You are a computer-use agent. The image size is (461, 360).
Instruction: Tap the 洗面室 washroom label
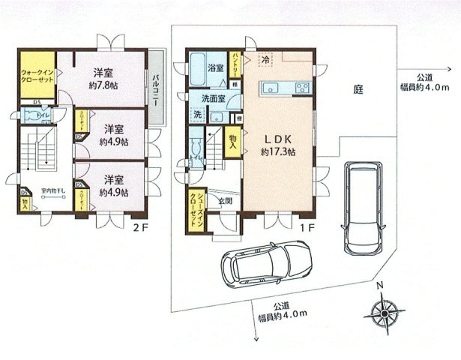pos(214,99)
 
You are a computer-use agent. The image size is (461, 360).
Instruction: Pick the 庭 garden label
pos(358,89)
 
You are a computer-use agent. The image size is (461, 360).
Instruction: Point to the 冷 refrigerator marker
pos(266,59)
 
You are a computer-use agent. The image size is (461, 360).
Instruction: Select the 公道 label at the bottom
pos(282,305)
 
